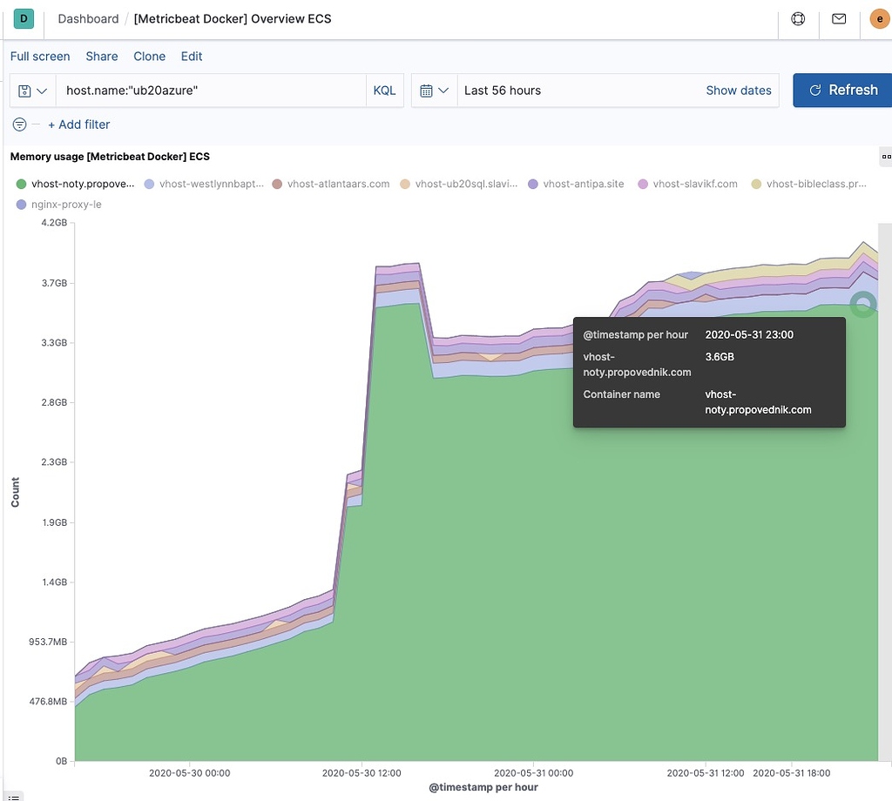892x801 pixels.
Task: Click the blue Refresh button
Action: pyautogui.click(x=842, y=90)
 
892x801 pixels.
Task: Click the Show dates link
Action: pyautogui.click(x=738, y=91)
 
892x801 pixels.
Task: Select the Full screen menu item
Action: pyautogui.click(x=40, y=56)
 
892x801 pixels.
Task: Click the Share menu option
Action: pyautogui.click(x=102, y=56)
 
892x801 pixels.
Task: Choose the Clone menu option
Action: pyautogui.click(x=149, y=56)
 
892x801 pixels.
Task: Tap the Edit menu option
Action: pyautogui.click(x=192, y=56)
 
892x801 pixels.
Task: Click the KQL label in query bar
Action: pyautogui.click(x=384, y=91)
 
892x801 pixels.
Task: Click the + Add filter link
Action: pyautogui.click(x=78, y=125)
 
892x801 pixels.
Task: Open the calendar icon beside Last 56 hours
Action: pyautogui.click(x=427, y=91)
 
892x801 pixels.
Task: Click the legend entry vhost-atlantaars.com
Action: pyautogui.click(x=338, y=184)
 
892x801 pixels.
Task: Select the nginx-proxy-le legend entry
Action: pyautogui.click(x=66, y=205)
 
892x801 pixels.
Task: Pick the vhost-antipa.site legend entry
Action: pyautogui.click(x=583, y=184)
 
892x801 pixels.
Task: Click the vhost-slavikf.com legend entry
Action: pyautogui.click(x=694, y=184)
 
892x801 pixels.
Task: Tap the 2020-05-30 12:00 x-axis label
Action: pyautogui.click(x=362, y=772)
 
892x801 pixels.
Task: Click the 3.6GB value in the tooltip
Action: pyautogui.click(x=720, y=357)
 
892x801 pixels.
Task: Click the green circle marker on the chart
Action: pyautogui.click(x=862, y=304)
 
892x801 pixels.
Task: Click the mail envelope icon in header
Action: pyautogui.click(x=839, y=18)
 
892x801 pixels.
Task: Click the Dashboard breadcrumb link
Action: pyautogui.click(x=88, y=18)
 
